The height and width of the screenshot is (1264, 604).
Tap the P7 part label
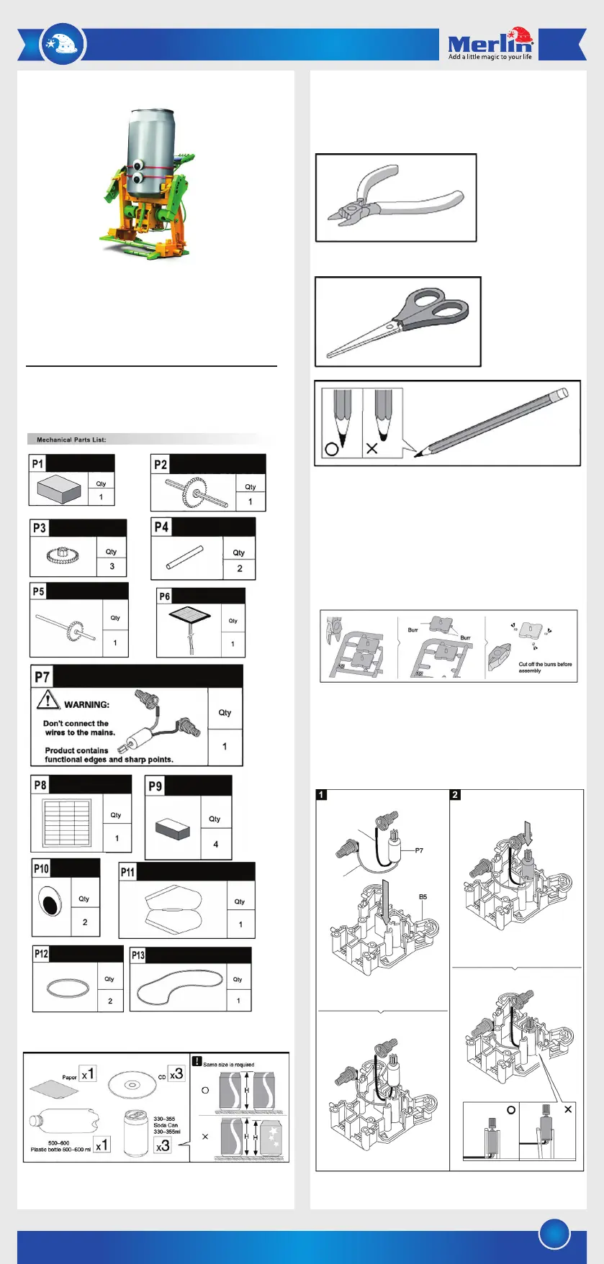pos(42,676)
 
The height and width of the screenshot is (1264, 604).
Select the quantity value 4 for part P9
pos(215,844)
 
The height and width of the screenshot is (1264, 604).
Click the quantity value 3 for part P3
pos(112,566)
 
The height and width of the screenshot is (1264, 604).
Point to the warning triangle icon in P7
pos(48,699)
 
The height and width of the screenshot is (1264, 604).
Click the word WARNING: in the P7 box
pos(86,704)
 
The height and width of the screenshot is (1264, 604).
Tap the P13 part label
pos(138,955)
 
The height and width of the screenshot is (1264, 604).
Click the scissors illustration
pos(398,322)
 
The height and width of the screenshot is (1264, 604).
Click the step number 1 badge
pos(322,795)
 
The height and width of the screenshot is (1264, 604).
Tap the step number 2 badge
pos(455,795)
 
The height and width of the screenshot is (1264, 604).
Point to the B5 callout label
pos(423,896)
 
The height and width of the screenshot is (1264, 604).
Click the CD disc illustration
pos(131,1084)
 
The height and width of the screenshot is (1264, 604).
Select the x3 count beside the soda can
pos(163,1145)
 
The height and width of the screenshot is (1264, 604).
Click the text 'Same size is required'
pos(228,1064)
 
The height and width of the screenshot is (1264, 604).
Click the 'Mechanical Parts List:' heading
pos(71,440)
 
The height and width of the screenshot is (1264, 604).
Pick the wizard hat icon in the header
pos(63,44)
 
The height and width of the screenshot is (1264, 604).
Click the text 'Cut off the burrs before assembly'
pos(545,667)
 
